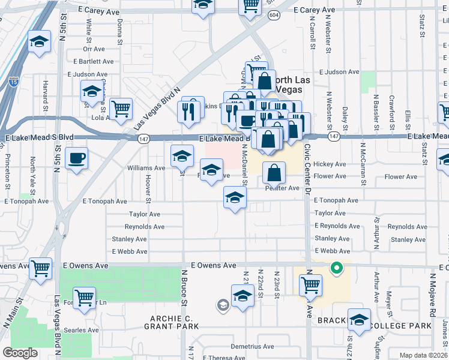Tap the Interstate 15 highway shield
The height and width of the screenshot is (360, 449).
[x=13, y=81]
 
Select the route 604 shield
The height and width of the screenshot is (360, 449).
[x=274, y=15]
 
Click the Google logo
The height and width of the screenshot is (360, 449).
[x=20, y=352]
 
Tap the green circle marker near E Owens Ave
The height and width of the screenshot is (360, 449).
[x=337, y=268]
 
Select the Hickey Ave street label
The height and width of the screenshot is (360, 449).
[x=330, y=164]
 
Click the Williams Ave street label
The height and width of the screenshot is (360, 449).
[x=146, y=168]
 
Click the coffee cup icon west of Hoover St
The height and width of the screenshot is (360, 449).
[x=76, y=158]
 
